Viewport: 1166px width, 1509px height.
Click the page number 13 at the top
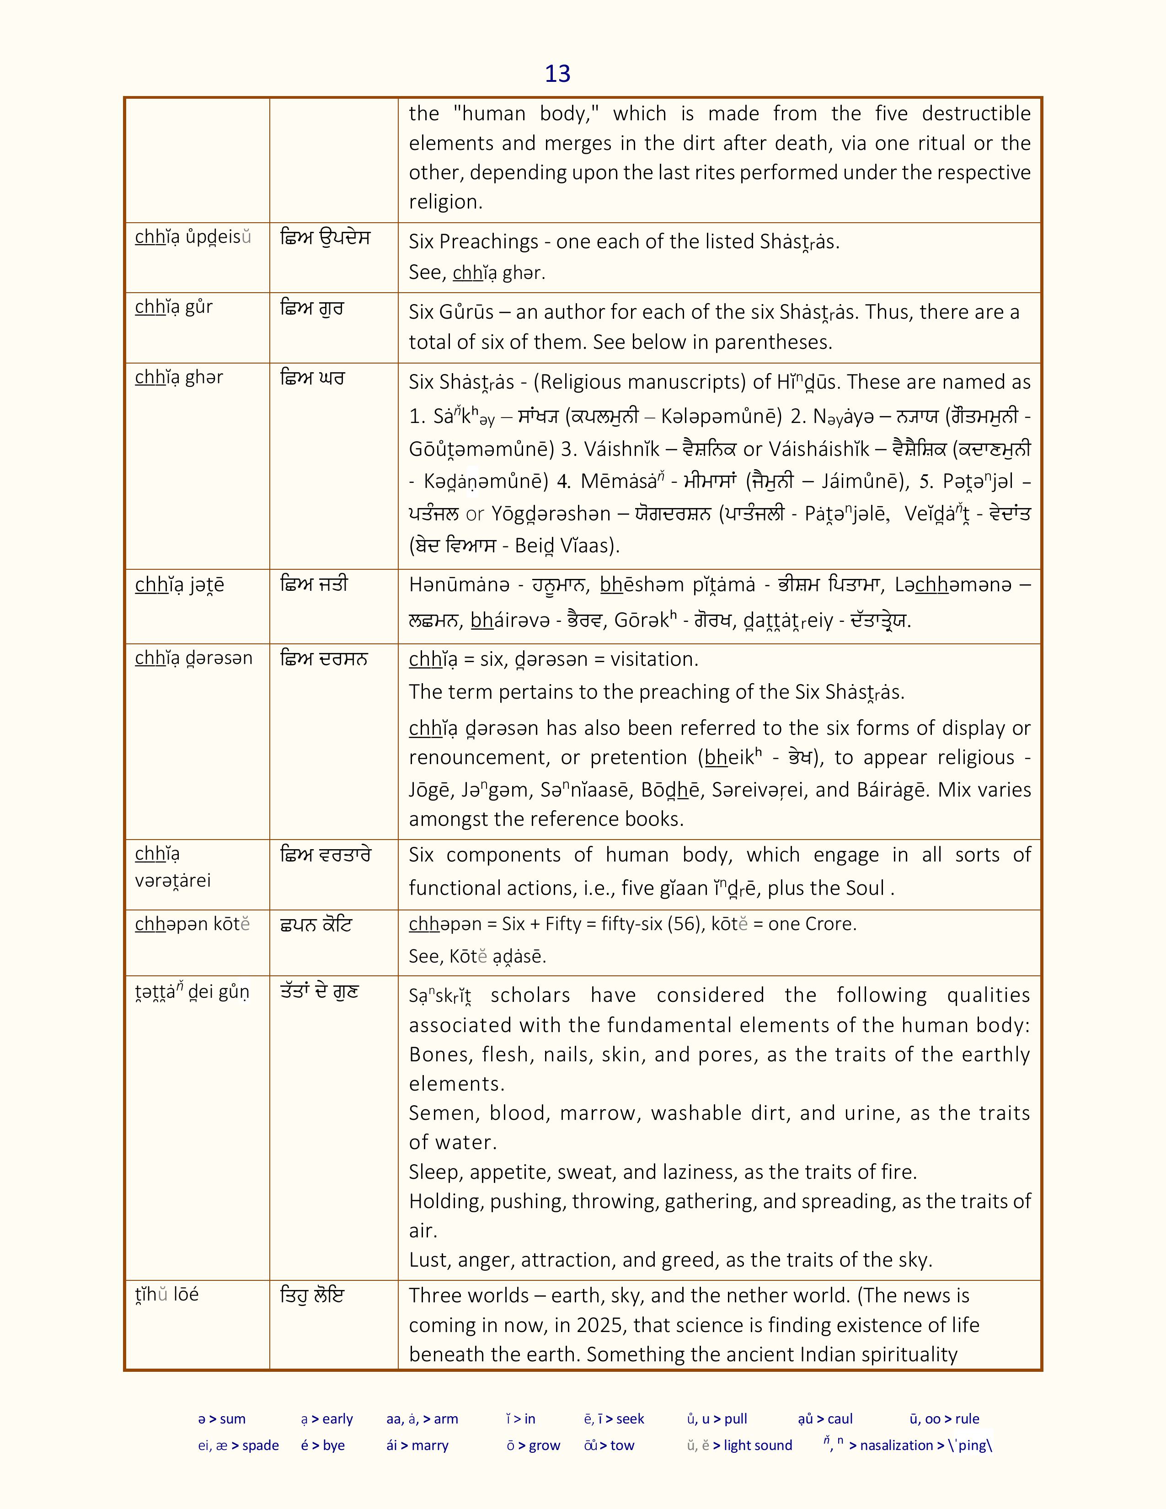[x=557, y=74]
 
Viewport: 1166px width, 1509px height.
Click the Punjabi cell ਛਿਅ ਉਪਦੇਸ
[x=326, y=238]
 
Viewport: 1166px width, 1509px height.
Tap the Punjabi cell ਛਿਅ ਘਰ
[x=311, y=379]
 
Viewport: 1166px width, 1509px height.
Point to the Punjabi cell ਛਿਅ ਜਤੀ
[x=314, y=584]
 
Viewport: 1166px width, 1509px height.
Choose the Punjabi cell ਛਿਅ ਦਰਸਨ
[x=323, y=658]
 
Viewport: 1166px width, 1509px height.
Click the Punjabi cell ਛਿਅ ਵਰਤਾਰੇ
[x=326, y=855]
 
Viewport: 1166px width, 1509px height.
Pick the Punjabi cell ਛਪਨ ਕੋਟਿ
[x=316, y=925]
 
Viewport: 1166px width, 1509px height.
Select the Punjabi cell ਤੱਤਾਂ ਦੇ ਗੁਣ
[x=319, y=992]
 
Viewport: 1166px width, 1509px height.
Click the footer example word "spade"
[x=261, y=1445]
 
